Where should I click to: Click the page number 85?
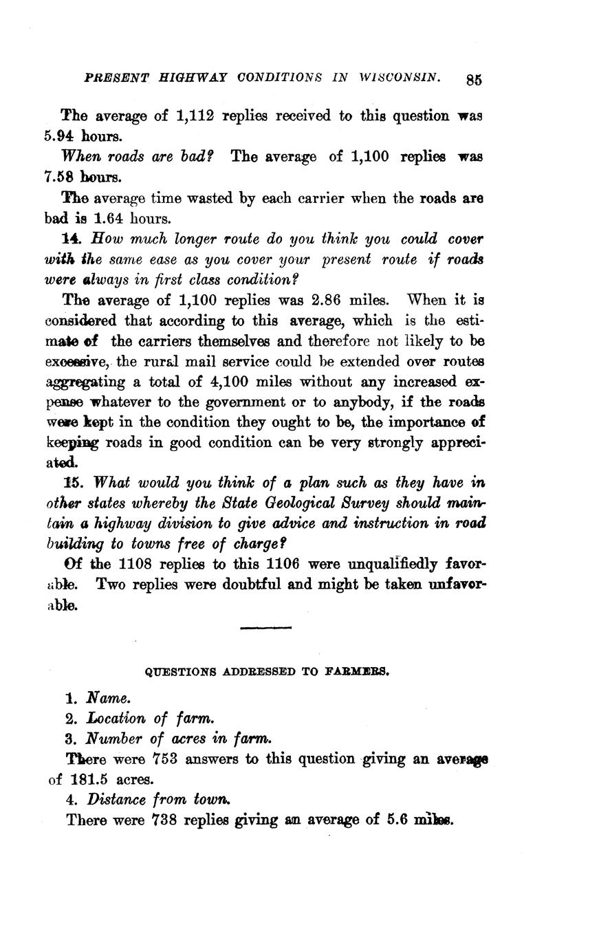point(474,79)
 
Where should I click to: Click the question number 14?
point(72,239)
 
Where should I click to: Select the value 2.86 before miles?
point(327,300)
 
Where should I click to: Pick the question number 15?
point(72,482)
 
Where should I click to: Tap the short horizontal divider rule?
point(266,627)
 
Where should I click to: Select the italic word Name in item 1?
point(107,698)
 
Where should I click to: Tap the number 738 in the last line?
point(162,820)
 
